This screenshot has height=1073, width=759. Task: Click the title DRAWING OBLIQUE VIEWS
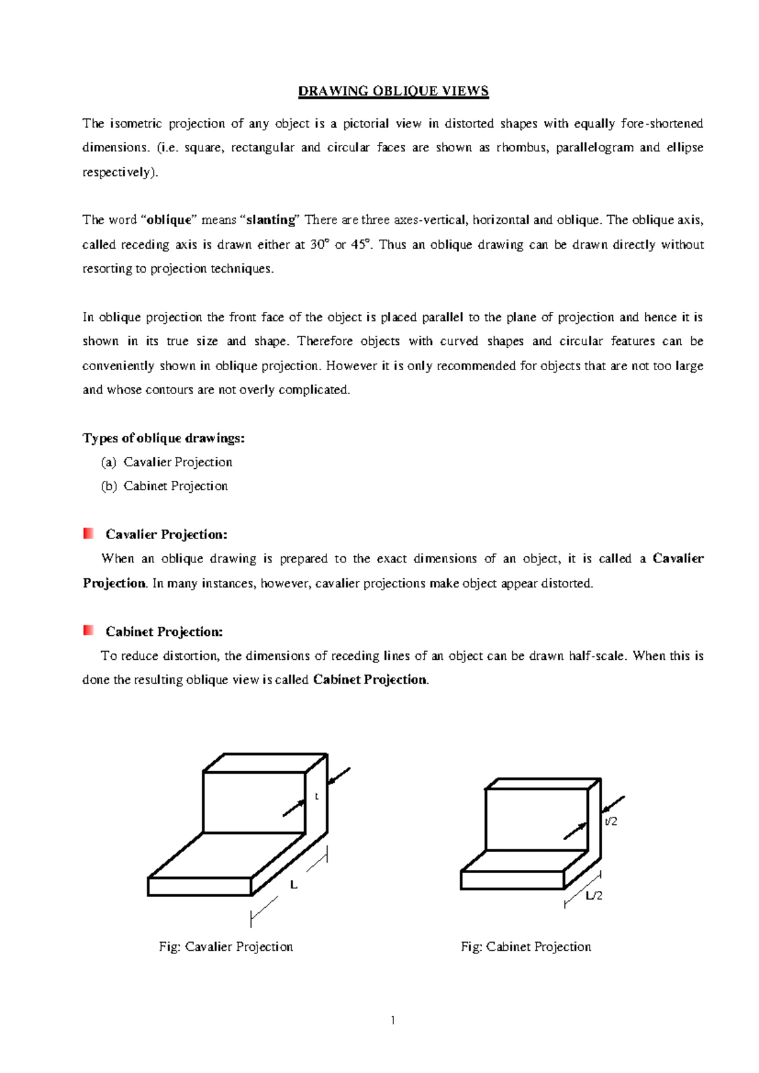[x=393, y=91]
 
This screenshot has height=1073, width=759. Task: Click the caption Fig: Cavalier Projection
[x=226, y=946]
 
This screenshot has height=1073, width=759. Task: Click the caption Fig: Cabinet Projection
[x=526, y=946]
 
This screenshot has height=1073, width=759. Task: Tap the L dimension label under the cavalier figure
[x=293, y=885]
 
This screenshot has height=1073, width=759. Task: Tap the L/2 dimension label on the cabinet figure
[x=594, y=895]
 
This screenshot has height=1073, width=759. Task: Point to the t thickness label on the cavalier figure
[x=316, y=797]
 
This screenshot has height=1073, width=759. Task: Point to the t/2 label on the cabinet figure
[x=610, y=821]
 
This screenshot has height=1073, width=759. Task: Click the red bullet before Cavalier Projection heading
[x=89, y=533]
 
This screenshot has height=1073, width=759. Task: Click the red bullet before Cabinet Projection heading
[x=89, y=630]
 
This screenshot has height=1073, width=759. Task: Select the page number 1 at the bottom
[x=393, y=1020]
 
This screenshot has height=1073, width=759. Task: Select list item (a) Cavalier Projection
[x=167, y=462]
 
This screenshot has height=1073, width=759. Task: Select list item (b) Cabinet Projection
[x=164, y=486]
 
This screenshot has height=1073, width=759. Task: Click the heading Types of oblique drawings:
[x=163, y=438]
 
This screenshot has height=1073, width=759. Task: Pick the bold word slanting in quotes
[x=271, y=220]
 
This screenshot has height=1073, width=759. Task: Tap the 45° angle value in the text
[x=359, y=244]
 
